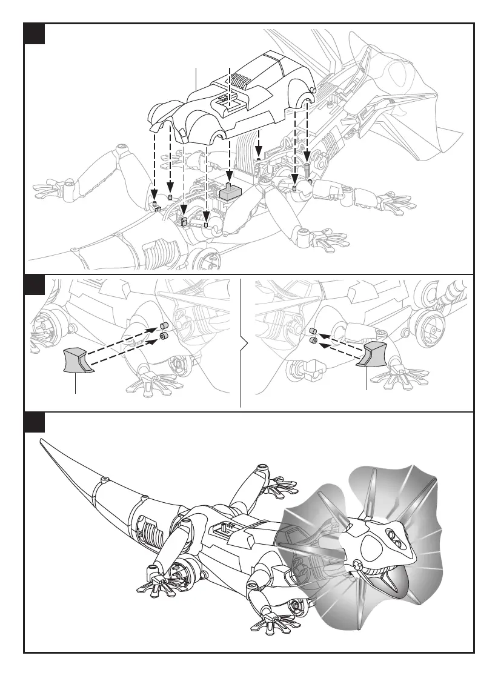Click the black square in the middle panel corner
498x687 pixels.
tap(35, 285)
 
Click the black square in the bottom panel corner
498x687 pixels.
tap(35, 422)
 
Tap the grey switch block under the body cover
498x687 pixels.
tap(230, 192)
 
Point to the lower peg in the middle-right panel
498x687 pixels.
tap(314, 341)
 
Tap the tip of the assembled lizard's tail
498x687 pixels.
tap(41, 439)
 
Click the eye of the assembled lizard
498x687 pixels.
tap(390, 536)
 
